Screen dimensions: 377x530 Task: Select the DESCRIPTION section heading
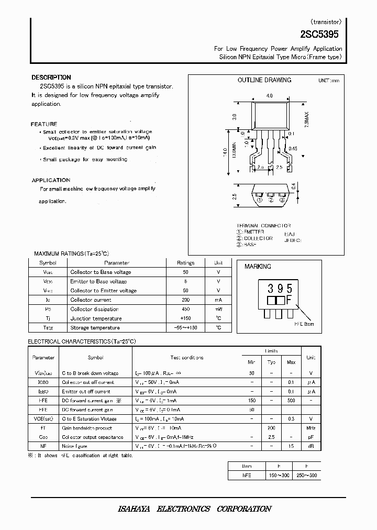(x=51, y=78)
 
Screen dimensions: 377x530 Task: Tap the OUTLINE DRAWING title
(x=264, y=80)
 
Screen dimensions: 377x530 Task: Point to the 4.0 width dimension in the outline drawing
(x=269, y=96)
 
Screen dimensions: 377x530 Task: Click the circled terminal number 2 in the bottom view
(x=271, y=200)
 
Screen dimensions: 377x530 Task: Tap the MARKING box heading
(x=258, y=267)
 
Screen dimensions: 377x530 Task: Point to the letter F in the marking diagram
(x=288, y=301)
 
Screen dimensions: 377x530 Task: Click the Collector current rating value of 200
(x=185, y=300)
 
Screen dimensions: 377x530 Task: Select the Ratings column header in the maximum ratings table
(x=185, y=263)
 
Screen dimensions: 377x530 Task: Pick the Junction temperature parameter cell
(x=96, y=318)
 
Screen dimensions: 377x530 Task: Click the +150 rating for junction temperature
(x=185, y=318)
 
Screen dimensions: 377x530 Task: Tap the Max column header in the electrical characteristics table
(x=291, y=362)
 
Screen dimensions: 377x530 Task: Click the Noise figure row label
(x=75, y=446)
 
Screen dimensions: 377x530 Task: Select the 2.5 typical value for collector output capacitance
(x=271, y=437)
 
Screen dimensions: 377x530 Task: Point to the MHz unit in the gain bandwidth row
(x=311, y=428)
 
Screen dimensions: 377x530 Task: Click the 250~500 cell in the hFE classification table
(x=307, y=476)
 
